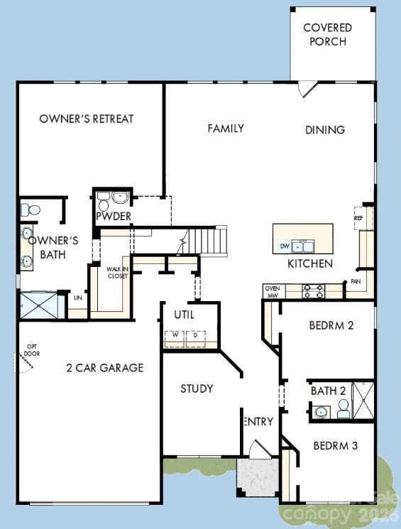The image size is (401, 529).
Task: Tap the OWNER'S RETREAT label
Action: tap(87, 119)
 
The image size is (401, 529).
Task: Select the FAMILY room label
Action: tap(226, 129)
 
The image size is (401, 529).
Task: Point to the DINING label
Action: tap(325, 130)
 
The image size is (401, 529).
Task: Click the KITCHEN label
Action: tap(309, 263)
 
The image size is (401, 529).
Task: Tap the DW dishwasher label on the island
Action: tap(285, 246)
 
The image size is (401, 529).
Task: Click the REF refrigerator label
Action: tap(359, 218)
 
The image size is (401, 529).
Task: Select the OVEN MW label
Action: tap(273, 291)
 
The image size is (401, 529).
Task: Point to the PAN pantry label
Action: tap(354, 282)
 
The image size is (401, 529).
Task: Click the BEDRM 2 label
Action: tap(331, 326)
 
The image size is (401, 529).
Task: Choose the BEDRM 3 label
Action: tap(335, 446)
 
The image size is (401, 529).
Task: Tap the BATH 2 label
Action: tap(328, 391)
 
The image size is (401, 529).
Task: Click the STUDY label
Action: tap(197, 388)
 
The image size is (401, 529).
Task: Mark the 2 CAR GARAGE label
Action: tap(104, 367)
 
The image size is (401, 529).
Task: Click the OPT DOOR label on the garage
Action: tap(31, 350)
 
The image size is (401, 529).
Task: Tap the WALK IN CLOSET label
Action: tap(117, 272)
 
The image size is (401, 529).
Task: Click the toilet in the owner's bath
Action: tap(29, 209)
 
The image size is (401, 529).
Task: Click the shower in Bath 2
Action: tap(363, 401)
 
